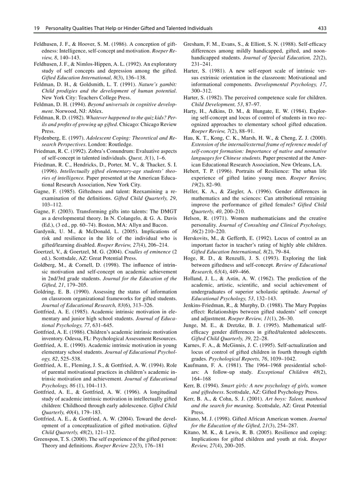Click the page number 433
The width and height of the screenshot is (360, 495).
[x=322, y=28]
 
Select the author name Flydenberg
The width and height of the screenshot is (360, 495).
[x=48, y=138]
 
